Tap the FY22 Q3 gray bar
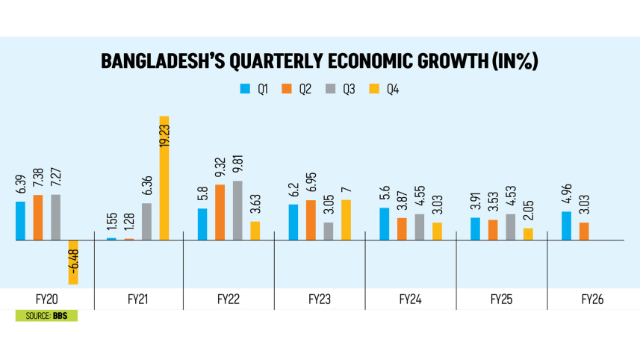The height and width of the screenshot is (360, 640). [x=237, y=211]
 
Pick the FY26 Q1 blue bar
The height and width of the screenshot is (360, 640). [x=566, y=226]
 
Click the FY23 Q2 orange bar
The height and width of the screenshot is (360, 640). [x=311, y=220]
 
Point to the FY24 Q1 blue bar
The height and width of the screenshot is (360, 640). [x=384, y=224]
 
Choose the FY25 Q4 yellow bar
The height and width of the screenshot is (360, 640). [x=529, y=234]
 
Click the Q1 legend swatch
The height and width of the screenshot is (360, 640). [x=244, y=90]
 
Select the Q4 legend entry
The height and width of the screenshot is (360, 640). [x=389, y=90]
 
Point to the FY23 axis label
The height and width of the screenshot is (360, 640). [x=319, y=300]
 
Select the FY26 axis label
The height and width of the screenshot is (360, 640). [x=593, y=300]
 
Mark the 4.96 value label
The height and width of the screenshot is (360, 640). [x=566, y=196]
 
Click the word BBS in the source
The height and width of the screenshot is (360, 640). [x=62, y=317]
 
